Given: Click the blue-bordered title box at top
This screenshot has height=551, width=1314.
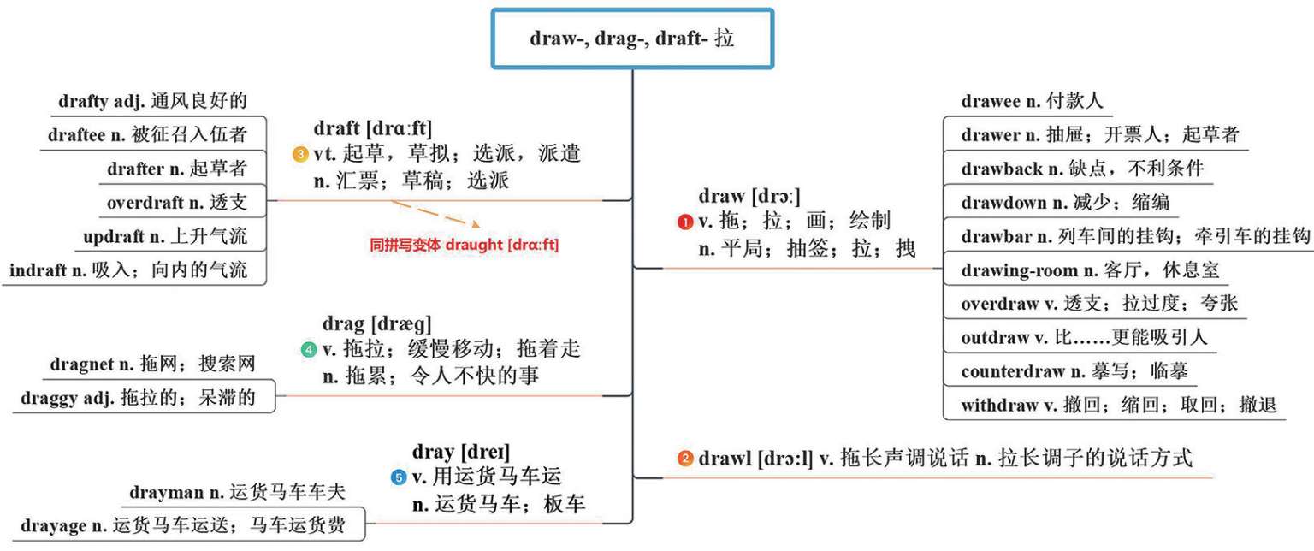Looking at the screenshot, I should (632, 39).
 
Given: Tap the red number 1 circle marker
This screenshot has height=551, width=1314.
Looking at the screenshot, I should (685, 222).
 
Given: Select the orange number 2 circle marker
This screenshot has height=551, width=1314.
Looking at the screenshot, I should (685, 459).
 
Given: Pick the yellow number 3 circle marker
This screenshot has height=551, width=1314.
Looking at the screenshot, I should (300, 155).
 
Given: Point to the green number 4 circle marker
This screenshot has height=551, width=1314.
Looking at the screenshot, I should (309, 349).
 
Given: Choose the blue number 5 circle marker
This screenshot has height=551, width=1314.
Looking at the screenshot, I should (398, 477).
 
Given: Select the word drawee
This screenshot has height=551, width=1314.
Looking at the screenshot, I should (990, 102).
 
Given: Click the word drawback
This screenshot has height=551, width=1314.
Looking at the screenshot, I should (1002, 169).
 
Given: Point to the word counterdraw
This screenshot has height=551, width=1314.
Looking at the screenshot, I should (1013, 372).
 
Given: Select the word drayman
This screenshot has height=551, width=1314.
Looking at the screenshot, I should (167, 493).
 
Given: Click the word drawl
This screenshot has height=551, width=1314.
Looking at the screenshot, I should (725, 459).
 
